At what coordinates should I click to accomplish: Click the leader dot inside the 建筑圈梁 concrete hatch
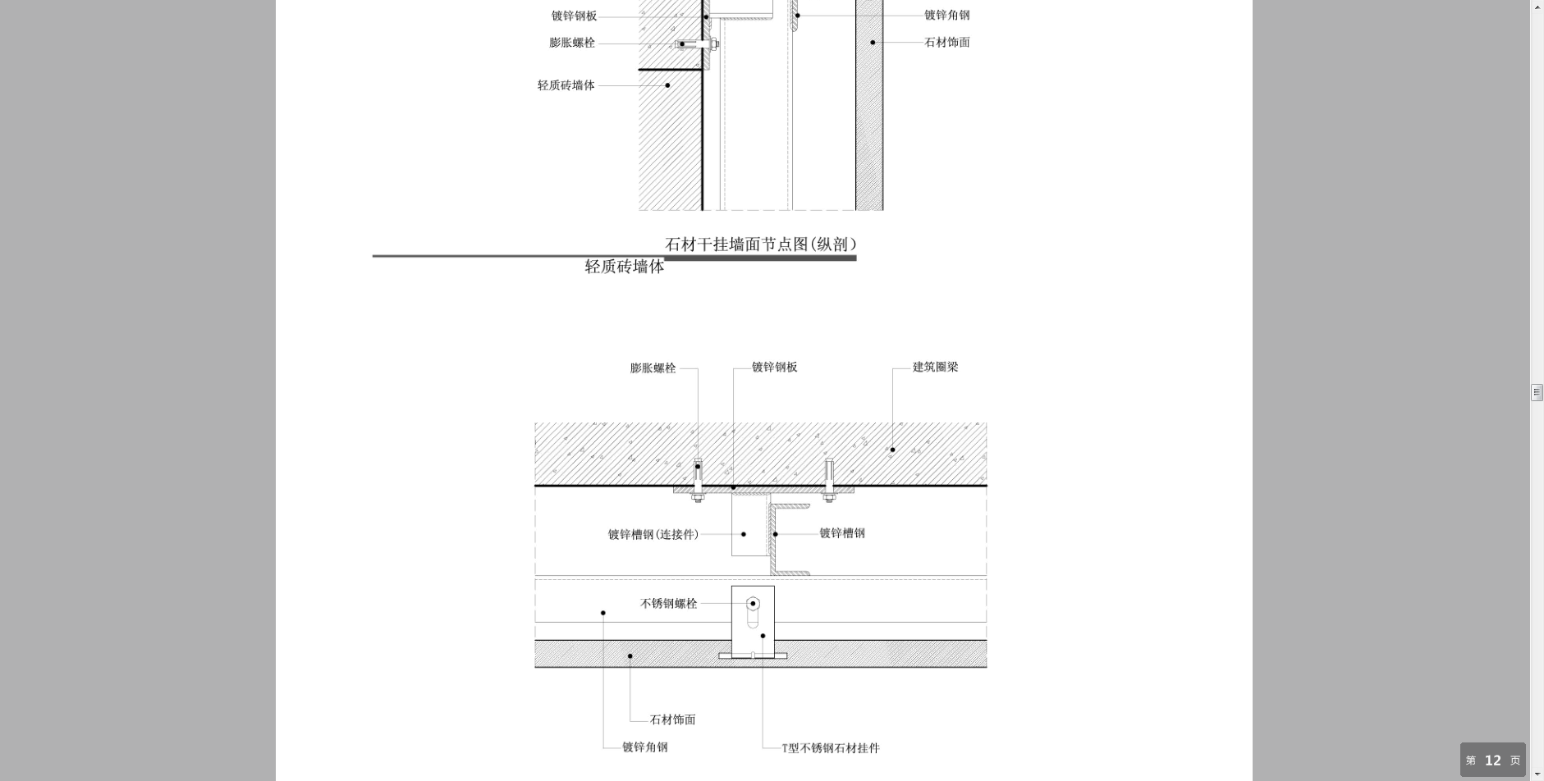[x=892, y=450]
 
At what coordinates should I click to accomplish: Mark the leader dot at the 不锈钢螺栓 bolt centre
[x=753, y=604]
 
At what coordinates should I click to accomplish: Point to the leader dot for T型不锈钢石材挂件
[x=763, y=636]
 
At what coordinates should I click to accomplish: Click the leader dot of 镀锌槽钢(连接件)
[x=744, y=534]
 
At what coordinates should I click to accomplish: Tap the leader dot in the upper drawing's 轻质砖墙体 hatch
[x=667, y=85]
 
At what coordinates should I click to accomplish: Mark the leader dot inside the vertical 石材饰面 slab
[x=873, y=43]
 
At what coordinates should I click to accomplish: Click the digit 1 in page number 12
[x=1488, y=760]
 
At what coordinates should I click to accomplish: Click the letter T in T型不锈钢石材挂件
[x=785, y=748]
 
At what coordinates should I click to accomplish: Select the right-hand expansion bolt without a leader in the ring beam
[x=829, y=479]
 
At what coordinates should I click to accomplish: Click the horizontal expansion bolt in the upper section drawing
[x=697, y=44]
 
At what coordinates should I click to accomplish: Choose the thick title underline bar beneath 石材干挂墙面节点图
[x=760, y=258]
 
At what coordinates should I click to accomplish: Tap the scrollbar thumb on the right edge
[x=1537, y=392]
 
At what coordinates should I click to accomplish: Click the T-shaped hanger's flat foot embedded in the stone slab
[x=753, y=655]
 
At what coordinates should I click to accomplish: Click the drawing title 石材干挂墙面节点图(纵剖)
[x=761, y=244]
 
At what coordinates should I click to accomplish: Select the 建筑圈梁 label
[x=936, y=367]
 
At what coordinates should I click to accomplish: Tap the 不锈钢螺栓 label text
[x=669, y=604]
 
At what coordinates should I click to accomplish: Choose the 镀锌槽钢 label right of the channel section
[x=842, y=533]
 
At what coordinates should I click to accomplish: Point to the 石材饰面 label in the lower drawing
[x=673, y=719]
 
